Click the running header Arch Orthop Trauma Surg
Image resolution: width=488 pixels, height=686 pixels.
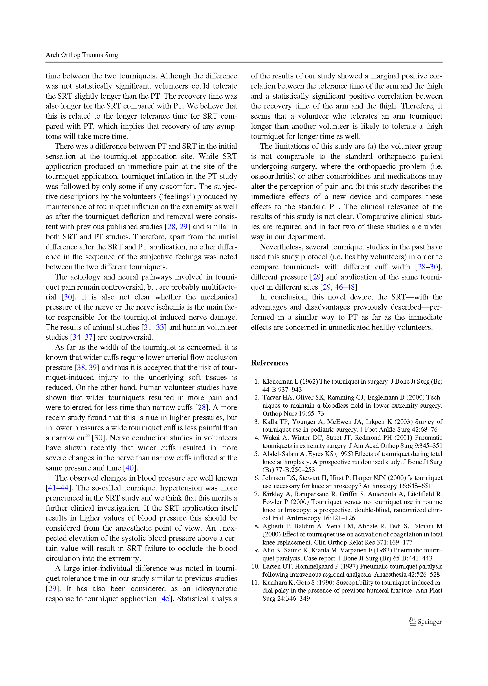click(x=82, y=55)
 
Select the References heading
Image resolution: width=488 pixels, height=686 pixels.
click(x=269, y=363)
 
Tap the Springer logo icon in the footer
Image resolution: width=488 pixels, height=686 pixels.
click(x=412, y=621)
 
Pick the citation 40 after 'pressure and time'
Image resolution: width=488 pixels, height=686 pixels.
click(x=130, y=468)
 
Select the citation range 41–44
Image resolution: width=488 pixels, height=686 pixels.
click(x=58, y=488)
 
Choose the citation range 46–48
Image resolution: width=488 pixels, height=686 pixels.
click(x=345, y=287)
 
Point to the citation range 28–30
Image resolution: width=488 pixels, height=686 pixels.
click(x=428, y=267)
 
